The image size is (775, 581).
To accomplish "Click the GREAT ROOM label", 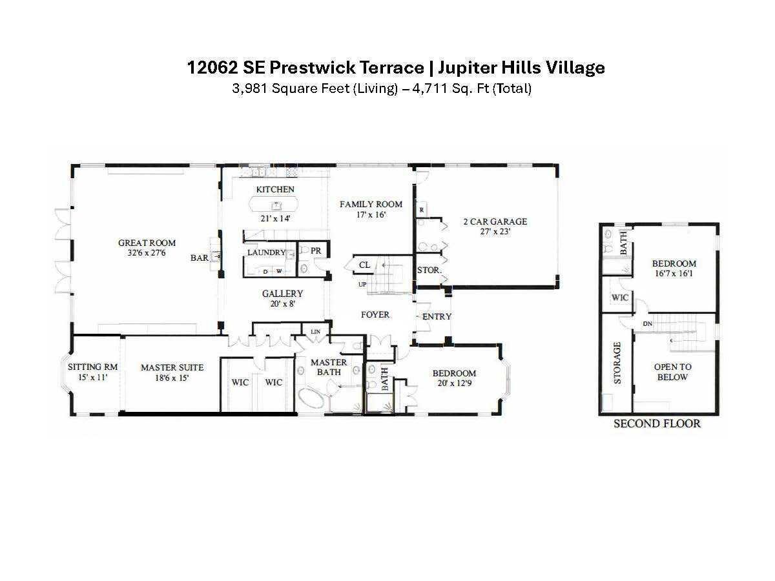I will coord(147,243).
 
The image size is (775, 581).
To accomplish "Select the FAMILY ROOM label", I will coord(371,204).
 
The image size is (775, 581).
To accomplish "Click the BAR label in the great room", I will coord(199,258).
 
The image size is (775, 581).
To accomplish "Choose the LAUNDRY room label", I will coord(266,252).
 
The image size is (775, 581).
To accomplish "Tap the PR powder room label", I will coord(316,250).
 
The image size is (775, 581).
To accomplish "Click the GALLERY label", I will coord(282,294).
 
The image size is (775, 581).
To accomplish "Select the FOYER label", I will coord(375,314).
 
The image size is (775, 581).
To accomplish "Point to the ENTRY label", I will coord(437,316).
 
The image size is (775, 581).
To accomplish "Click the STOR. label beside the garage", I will coord(429,270).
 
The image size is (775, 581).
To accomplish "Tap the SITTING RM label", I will coord(93,367).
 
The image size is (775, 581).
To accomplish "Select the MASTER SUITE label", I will coord(172,367).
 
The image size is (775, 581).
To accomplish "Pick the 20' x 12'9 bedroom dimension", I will coord(454,383).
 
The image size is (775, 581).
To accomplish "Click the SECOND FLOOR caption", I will coord(657,423).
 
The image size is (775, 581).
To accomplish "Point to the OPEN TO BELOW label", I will coord(672,372).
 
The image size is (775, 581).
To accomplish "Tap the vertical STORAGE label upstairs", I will coord(617,363).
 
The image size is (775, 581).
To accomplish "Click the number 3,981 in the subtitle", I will coord(250,88).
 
